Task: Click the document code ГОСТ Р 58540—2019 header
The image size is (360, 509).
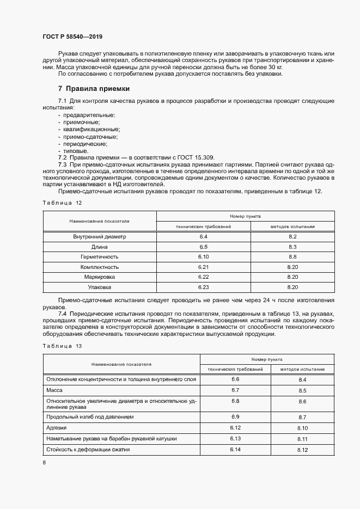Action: point(72,36)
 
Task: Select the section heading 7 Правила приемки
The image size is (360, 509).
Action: point(93,88)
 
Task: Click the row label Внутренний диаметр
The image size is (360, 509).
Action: point(99,237)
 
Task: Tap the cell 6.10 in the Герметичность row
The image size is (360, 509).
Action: point(204,256)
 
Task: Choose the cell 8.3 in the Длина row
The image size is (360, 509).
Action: point(292,247)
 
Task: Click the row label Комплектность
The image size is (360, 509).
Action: point(99,267)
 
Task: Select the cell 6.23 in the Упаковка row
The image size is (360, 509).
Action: point(204,286)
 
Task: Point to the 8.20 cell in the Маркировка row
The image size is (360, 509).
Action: point(292,277)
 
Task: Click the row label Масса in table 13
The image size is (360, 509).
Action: point(55,390)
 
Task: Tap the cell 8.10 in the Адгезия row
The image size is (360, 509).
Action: point(303,428)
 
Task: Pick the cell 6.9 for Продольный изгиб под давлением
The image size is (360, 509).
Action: point(235,416)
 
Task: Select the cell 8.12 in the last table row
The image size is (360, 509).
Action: point(303,450)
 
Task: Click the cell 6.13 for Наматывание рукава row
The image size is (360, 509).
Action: point(235,438)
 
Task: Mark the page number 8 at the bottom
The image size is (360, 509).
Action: point(44,462)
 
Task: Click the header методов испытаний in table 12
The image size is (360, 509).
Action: point(292,226)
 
